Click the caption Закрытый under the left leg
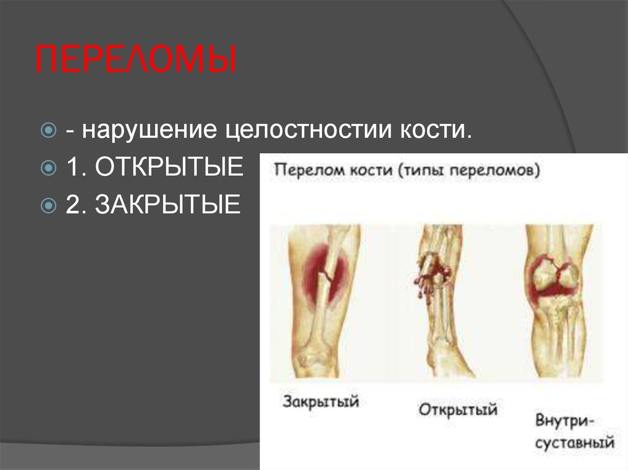(321, 403)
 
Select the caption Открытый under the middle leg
(458, 409)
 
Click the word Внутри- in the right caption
(569, 421)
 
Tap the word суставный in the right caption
(574, 442)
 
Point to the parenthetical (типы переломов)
(469, 170)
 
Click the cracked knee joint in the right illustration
(555, 276)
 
